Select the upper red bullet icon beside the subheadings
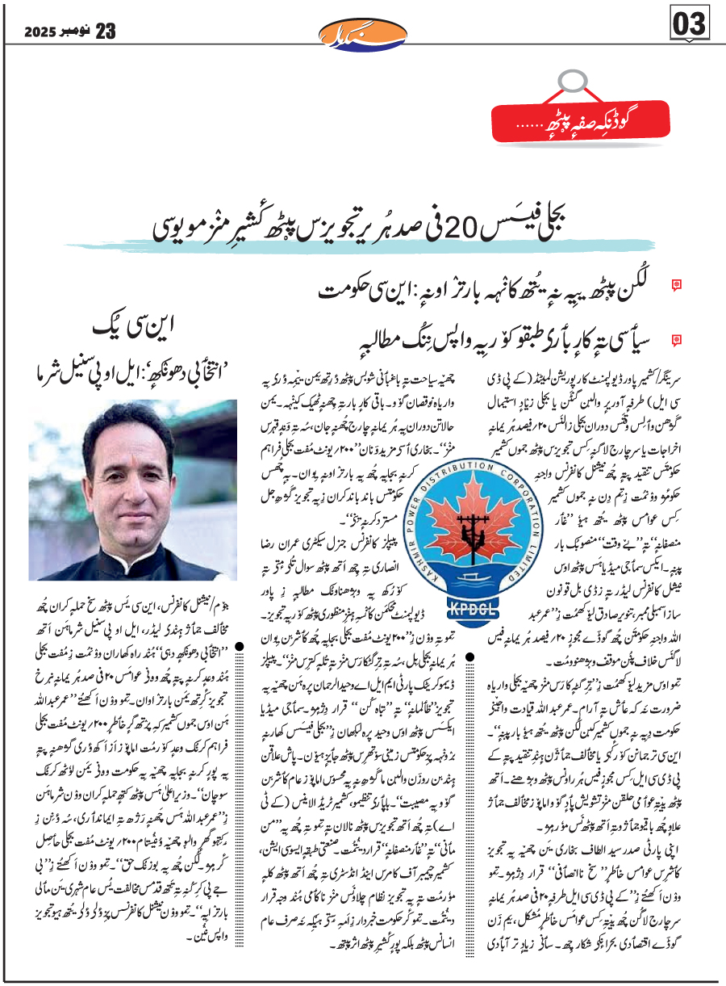tap(677, 283)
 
